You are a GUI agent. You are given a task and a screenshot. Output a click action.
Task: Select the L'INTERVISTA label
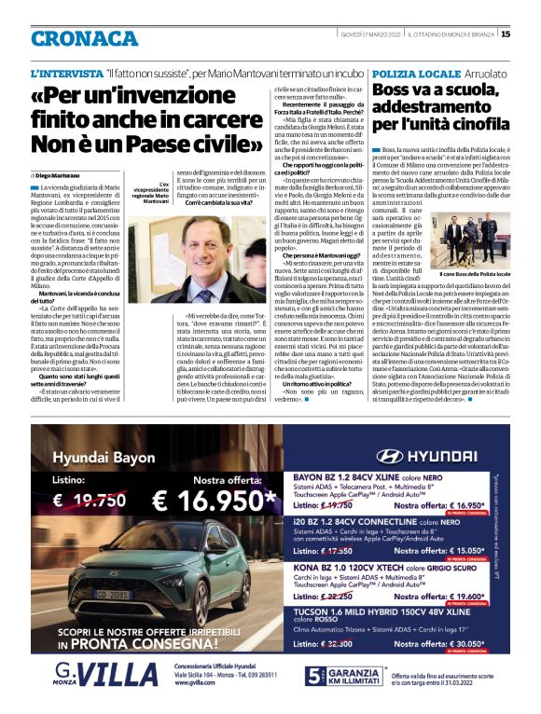(66, 73)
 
